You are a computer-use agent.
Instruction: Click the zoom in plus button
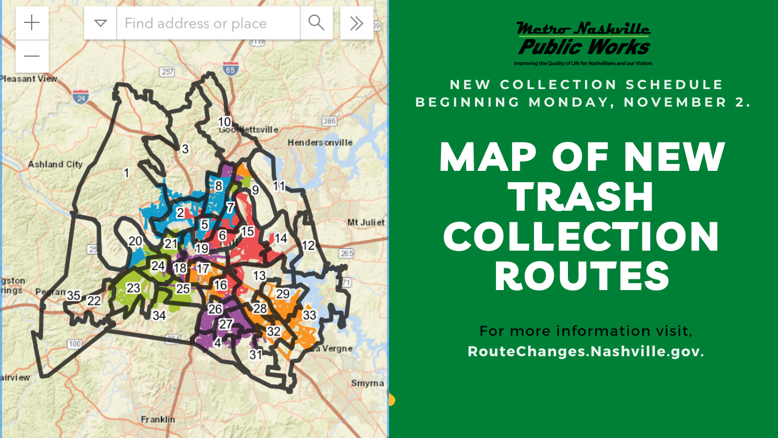click(x=32, y=22)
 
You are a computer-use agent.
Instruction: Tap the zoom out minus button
click(x=32, y=56)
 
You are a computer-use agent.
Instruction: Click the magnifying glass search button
click(x=317, y=22)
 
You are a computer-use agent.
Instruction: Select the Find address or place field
click(x=208, y=23)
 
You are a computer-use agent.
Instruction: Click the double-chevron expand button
click(x=356, y=23)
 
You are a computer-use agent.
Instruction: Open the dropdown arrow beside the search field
click(x=101, y=23)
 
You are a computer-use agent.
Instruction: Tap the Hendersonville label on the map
click(x=320, y=143)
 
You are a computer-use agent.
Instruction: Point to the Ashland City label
click(x=55, y=164)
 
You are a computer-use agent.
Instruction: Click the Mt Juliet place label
click(x=366, y=222)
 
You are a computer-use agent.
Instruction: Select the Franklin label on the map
click(x=158, y=419)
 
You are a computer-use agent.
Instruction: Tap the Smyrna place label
click(x=367, y=383)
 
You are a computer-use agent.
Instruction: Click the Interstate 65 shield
click(x=230, y=69)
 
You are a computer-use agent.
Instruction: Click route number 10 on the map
click(x=224, y=122)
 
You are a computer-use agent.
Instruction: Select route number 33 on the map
click(x=309, y=315)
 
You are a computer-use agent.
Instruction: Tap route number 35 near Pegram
click(x=73, y=295)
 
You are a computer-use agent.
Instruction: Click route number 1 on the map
click(x=126, y=173)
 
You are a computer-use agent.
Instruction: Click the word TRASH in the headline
click(x=581, y=197)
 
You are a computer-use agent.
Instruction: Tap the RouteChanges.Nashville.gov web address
click(x=585, y=351)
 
